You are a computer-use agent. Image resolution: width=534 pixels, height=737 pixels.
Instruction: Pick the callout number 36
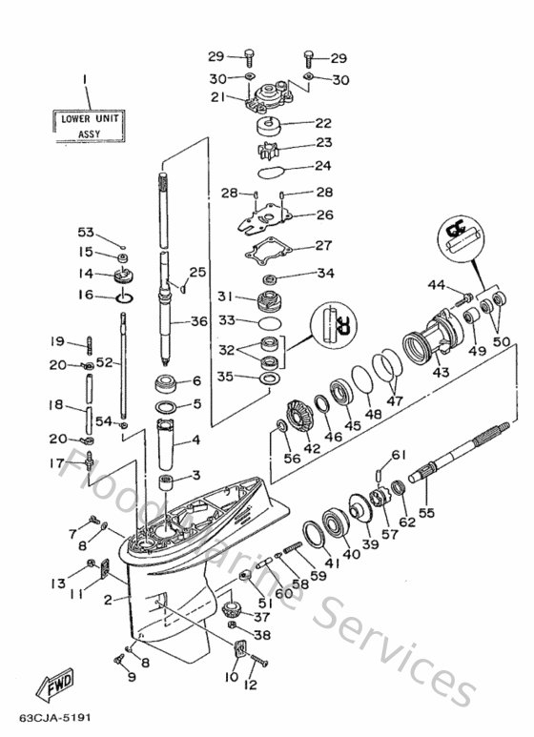pyautogui.click(x=198, y=321)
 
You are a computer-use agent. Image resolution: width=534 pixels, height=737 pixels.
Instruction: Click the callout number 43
pyautogui.click(x=442, y=373)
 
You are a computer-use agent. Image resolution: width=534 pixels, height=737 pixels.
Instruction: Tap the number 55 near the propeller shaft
pyautogui.click(x=426, y=513)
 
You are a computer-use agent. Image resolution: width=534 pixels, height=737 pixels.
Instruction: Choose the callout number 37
pyautogui.click(x=261, y=617)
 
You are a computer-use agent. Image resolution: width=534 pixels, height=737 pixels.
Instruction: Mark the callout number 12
pyautogui.click(x=252, y=685)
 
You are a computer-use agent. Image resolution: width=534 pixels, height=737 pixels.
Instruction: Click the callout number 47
pyautogui.click(x=395, y=401)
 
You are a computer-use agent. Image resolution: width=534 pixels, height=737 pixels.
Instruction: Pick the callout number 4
pyautogui.click(x=195, y=440)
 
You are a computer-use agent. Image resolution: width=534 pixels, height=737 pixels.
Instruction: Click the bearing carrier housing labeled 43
pyautogui.click(x=426, y=341)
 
